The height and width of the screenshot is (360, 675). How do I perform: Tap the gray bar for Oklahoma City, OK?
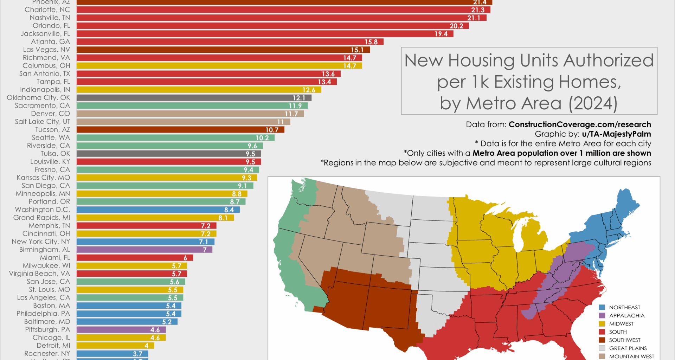(x=194, y=98)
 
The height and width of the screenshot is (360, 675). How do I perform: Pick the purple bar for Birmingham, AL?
(x=144, y=250)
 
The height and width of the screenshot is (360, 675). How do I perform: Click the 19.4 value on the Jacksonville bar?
(x=441, y=34)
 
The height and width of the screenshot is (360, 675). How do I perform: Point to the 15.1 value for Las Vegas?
(x=357, y=50)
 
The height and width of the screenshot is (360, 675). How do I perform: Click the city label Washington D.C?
(x=43, y=210)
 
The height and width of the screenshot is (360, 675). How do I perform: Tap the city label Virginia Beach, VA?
(x=39, y=274)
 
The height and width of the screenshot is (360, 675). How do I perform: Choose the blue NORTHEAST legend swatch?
(x=602, y=308)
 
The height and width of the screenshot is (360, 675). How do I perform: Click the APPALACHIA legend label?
(x=627, y=316)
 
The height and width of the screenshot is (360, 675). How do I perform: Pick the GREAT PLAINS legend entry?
(x=628, y=348)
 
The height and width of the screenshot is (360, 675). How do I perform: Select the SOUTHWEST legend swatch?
(x=602, y=340)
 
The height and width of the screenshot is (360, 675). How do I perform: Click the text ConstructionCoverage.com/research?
(x=580, y=124)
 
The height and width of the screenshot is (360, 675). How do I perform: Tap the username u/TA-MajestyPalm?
(x=616, y=134)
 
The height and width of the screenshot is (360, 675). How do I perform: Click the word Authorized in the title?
(x=609, y=60)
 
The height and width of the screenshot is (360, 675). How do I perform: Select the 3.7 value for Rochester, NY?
(x=137, y=354)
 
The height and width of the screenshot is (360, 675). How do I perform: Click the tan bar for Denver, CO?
(x=190, y=114)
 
